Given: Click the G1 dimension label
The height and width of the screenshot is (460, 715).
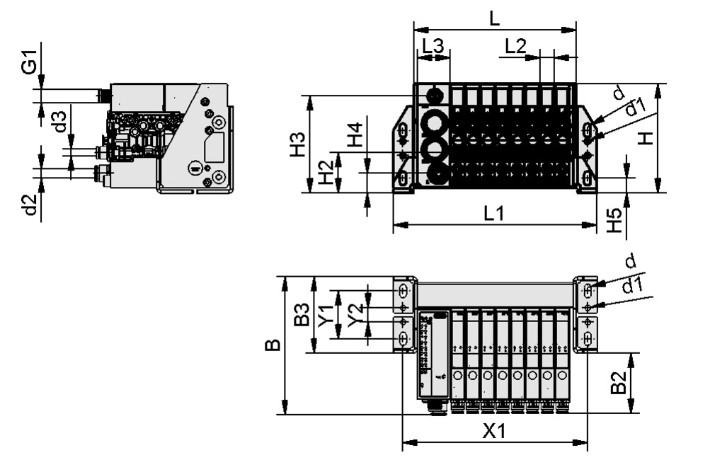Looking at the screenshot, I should click(28, 66).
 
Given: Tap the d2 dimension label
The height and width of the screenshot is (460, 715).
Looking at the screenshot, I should click(29, 205).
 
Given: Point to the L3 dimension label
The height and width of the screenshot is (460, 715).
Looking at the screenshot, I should click(433, 46).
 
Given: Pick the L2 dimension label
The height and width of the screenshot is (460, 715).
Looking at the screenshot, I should click(516, 46).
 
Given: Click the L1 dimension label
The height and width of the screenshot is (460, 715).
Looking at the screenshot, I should click(493, 212).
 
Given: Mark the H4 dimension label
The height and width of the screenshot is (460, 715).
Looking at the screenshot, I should click(354, 134).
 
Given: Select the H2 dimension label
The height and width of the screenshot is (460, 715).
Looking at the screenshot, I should click(326, 172).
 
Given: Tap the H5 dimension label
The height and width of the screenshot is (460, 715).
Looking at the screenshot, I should click(614, 221).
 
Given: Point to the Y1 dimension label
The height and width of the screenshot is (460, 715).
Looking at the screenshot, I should click(326, 314).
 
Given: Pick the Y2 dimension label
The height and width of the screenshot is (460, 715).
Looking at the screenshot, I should click(356, 314).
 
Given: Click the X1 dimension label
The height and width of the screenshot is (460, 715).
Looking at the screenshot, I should click(494, 431).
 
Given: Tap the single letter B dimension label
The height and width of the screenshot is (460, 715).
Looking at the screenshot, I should click(273, 345).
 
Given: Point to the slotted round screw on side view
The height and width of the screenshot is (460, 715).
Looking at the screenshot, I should click(193, 168).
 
